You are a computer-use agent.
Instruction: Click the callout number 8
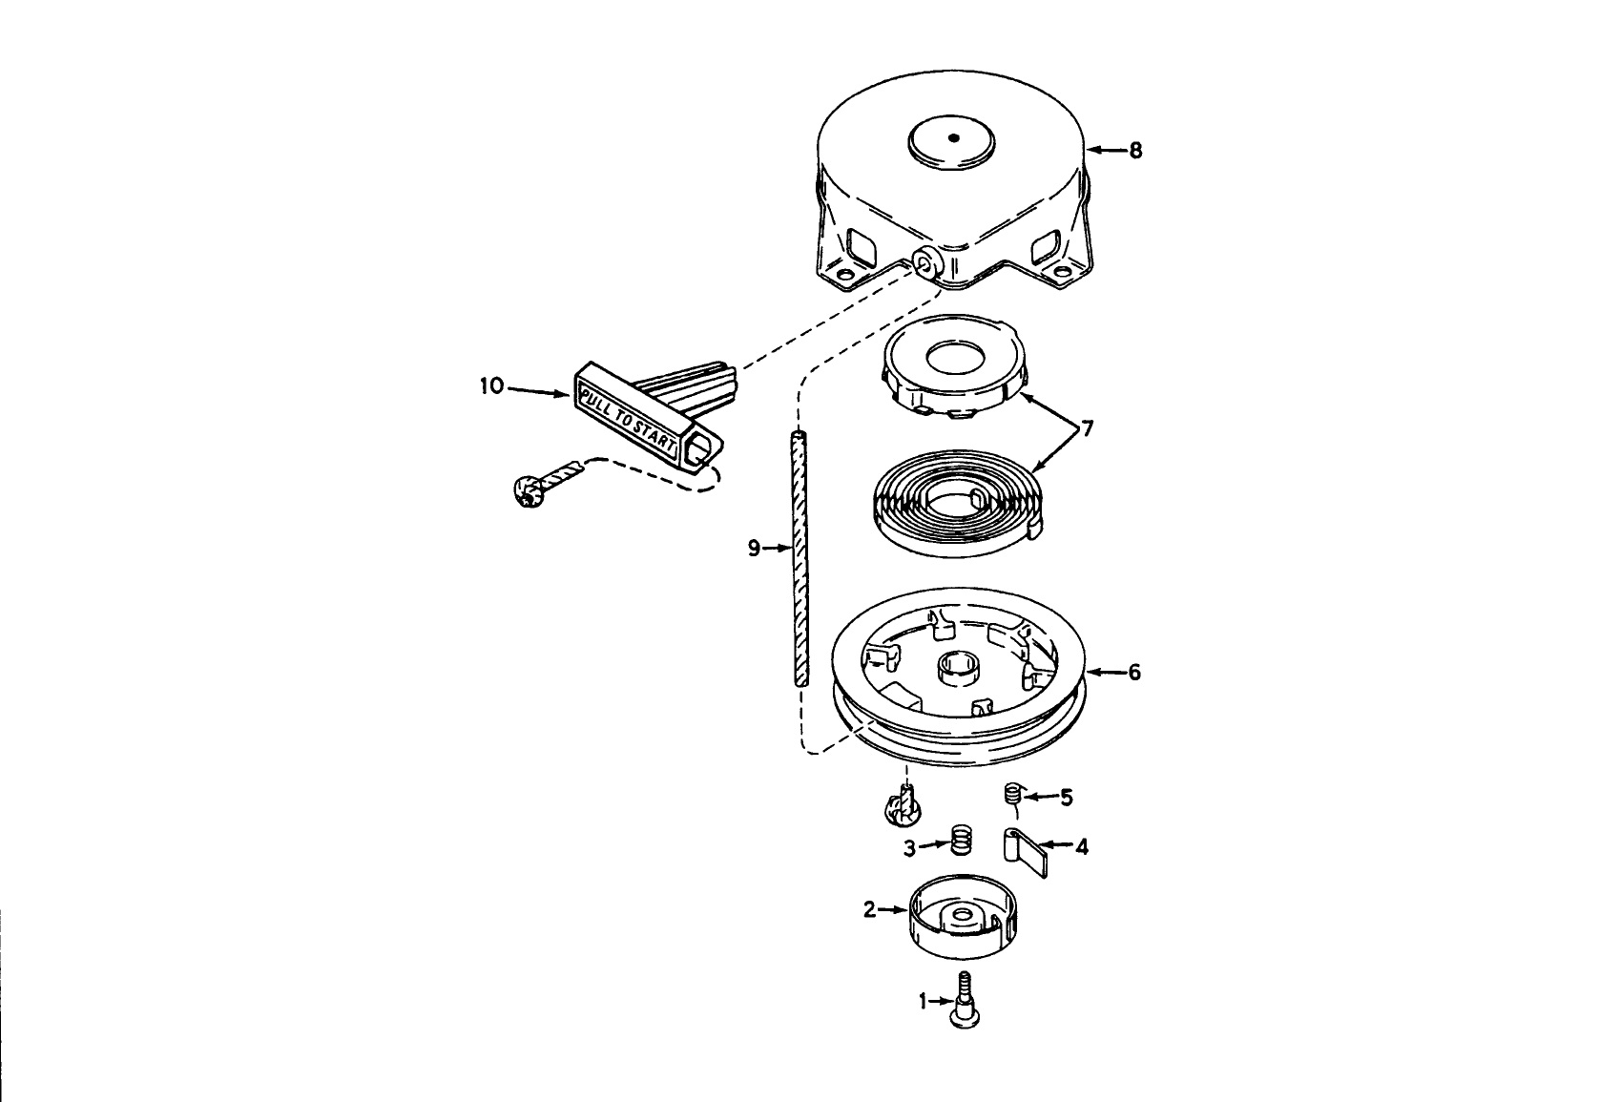tap(1135, 151)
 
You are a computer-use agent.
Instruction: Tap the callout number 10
tap(490, 387)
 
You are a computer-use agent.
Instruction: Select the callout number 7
tap(1087, 429)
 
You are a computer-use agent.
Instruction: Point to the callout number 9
tap(754, 548)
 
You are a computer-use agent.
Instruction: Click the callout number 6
tap(1133, 673)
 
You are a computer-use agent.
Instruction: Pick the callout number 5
tap(1066, 797)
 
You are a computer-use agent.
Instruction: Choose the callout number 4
tap(1081, 846)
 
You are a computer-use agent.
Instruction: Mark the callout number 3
tap(910, 846)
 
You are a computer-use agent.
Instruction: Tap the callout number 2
tap(869, 910)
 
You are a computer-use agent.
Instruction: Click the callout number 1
tap(923, 1001)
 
